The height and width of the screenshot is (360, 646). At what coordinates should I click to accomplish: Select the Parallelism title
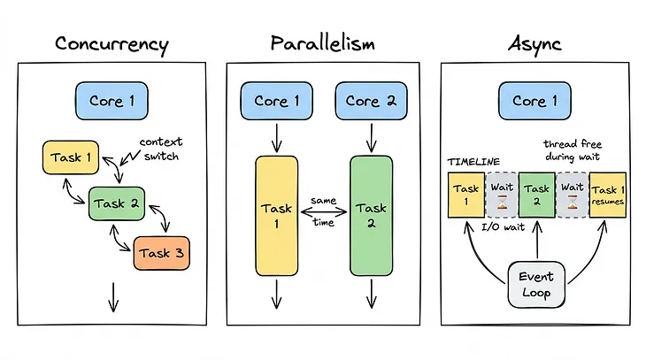point(324,43)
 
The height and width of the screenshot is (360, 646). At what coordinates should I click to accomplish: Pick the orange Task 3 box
point(161,253)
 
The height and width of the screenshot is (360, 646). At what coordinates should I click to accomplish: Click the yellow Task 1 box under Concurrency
point(71,157)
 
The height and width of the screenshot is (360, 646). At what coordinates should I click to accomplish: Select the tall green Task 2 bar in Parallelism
point(371,216)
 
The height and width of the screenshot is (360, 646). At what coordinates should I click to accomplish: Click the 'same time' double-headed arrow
point(323,212)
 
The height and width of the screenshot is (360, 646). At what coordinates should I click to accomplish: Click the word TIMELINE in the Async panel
point(474,162)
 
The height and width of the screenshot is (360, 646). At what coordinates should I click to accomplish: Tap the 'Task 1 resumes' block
point(608,195)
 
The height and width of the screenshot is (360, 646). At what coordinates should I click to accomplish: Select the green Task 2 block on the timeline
point(535,195)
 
